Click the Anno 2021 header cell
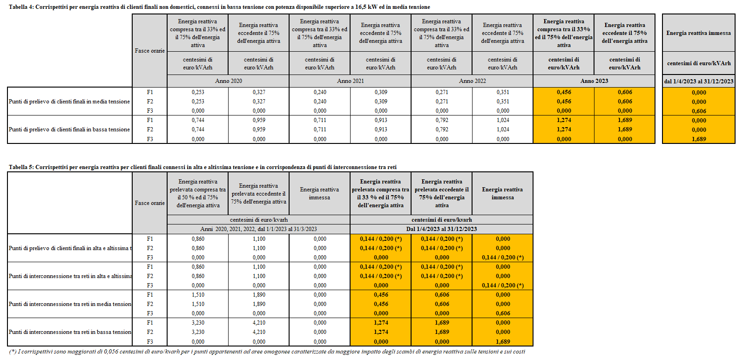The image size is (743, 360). tap(350, 81)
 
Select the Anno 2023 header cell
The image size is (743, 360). tap(594, 81)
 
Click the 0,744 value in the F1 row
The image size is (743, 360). tap(198, 120)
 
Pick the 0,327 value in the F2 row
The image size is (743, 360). tap(259, 102)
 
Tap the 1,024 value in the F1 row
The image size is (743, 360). tap(503, 120)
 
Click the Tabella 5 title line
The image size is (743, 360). tap(203, 167)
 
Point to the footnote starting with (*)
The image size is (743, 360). tap(267, 352)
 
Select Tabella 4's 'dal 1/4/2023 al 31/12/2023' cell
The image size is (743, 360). tap(698, 82)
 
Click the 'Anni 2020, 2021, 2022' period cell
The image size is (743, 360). tap(258, 229)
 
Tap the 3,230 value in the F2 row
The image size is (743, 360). tap(198, 332)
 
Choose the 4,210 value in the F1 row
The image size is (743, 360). tap(259, 323)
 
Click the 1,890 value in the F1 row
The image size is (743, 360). tap(259, 295)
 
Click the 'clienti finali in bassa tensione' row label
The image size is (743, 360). tap(69, 129)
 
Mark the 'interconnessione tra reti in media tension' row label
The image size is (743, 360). tap(70, 304)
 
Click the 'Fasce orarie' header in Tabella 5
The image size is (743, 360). tap(149, 203)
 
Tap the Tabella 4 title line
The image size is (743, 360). tap(219, 7)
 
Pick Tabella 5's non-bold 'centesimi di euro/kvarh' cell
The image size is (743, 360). tap(258, 220)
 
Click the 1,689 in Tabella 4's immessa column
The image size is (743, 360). tap(698, 139)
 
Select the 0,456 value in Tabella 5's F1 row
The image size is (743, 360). tap(381, 295)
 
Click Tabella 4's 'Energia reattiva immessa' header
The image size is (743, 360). tap(698, 33)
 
